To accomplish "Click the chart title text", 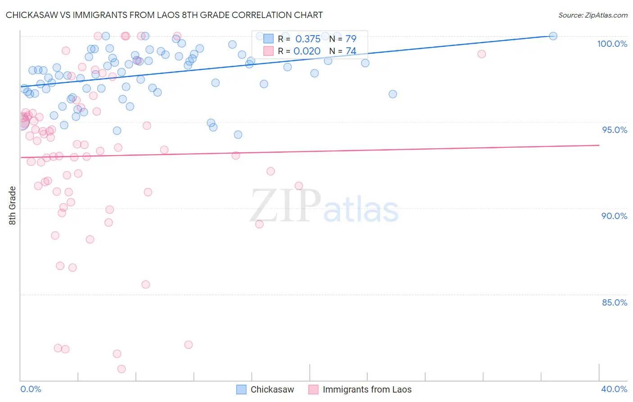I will point(164,15).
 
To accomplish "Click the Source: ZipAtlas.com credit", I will point(592,15).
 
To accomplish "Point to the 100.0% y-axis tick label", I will point(612,44).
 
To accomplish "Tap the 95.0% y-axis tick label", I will point(615,130).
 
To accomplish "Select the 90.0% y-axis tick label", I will point(614,216).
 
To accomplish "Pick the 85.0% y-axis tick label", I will point(615,302).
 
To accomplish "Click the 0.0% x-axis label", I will point(31,389).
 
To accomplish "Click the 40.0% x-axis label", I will point(614,389).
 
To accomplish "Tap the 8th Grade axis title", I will point(13,206).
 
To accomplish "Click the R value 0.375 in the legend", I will point(308,39).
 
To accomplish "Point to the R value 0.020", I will point(307,51).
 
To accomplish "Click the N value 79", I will point(351,39).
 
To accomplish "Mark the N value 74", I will point(351,51).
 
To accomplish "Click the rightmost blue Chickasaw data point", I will point(553,36).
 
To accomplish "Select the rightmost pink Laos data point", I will point(482,54).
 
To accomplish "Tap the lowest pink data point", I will point(122,369).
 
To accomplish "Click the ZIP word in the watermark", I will point(285,206).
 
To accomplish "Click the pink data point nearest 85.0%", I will point(145,284).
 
